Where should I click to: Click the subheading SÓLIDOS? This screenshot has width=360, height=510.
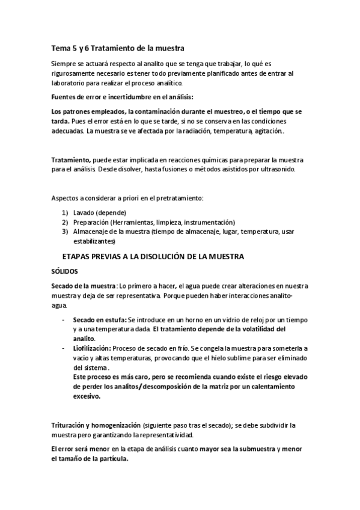[x=66, y=271]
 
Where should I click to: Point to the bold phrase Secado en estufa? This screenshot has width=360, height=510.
[x=99, y=320]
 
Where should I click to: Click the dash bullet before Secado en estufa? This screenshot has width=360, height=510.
[x=64, y=320]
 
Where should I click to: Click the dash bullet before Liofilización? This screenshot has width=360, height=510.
[x=64, y=348]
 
